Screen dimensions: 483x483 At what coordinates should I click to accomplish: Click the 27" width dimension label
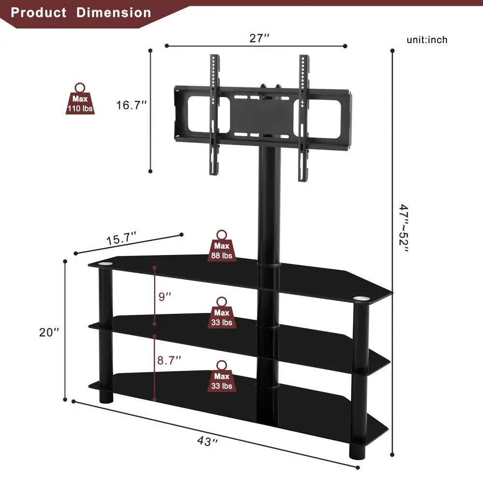point(259,39)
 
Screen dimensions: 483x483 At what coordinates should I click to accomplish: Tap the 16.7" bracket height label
point(131,105)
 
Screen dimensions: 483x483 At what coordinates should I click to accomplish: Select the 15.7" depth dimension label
point(121,238)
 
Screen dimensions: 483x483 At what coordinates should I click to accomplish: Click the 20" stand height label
point(50,332)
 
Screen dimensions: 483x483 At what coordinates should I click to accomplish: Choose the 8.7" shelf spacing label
point(170,359)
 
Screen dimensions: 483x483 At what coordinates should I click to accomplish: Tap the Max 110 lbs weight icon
point(80,99)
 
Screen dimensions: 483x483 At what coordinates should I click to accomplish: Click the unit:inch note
point(427,40)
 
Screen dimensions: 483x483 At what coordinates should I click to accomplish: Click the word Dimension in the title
point(114,13)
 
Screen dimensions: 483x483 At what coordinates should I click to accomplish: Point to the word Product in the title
point(39,13)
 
